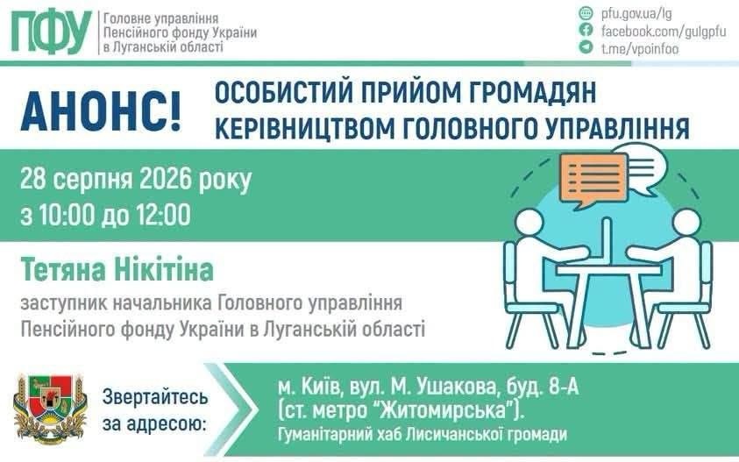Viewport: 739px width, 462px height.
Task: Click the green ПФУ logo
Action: tap(52, 32)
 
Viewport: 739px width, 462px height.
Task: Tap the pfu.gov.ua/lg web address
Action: tap(636, 13)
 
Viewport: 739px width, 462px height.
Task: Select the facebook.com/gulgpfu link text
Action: tap(664, 31)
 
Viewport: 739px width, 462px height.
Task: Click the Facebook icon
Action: tap(586, 30)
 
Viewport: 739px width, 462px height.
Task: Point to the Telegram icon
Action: tap(586, 46)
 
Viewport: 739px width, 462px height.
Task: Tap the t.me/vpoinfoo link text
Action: tap(640, 48)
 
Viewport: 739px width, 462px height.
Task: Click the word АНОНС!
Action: tap(101, 111)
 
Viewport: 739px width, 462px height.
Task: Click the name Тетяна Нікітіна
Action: tap(117, 270)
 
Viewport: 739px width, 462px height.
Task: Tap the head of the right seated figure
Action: tap(686, 223)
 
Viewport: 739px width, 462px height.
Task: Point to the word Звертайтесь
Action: tap(155, 396)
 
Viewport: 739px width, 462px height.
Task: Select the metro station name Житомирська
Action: tap(446, 410)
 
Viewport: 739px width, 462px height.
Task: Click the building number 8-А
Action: tap(564, 387)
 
